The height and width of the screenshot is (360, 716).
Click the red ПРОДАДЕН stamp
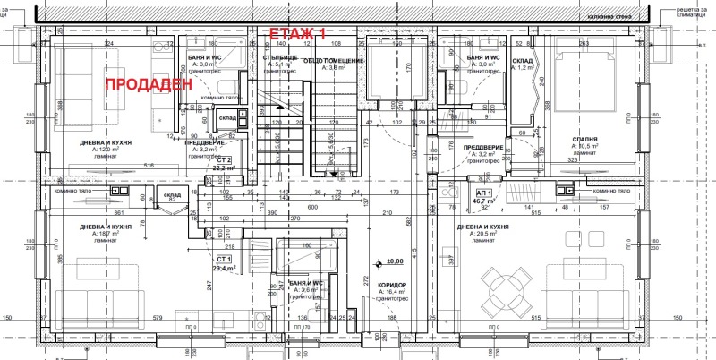pos(149,85)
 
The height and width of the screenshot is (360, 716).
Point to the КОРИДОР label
pos(393,284)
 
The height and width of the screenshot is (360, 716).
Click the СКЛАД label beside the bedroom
pos(523,60)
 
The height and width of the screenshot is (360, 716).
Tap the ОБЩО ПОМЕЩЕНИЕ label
pos(333,60)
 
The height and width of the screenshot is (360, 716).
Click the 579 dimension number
pos(158,317)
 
